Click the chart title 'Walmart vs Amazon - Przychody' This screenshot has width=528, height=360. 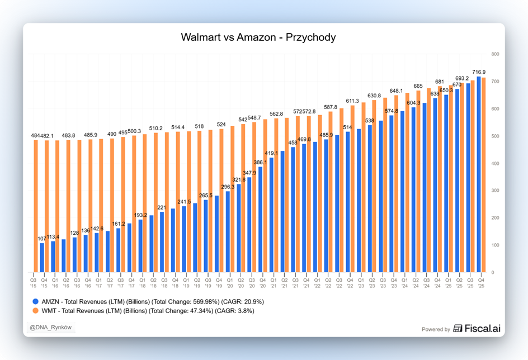(258, 37)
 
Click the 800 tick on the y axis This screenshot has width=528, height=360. (495, 54)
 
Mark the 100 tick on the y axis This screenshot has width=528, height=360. (495, 245)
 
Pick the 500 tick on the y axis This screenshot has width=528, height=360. (495, 136)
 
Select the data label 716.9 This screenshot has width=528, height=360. (479, 72)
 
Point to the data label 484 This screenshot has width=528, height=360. (35, 136)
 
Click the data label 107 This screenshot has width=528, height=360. (42, 239)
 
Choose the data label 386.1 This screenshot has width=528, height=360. (261, 163)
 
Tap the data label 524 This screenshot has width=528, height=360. (221, 125)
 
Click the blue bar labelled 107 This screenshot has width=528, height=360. (42, 258)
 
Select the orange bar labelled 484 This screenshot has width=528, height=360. (36, 207)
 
